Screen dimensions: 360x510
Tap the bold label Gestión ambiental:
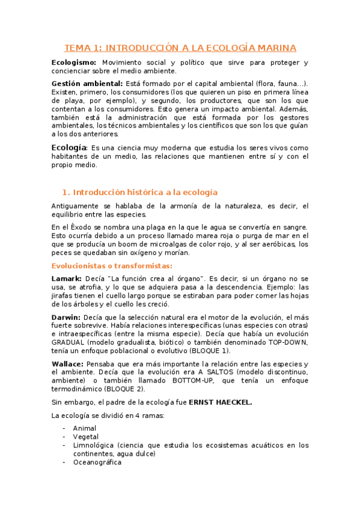[87, 83]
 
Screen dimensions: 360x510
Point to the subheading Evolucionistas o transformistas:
[112, 265]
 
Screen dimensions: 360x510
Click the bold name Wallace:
[68, 364]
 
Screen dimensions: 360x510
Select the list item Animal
[85, 428]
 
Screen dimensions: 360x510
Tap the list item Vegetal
[86, 437]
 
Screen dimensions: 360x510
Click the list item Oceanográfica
[97, 462]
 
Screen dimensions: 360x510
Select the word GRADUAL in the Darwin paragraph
[69, 342]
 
